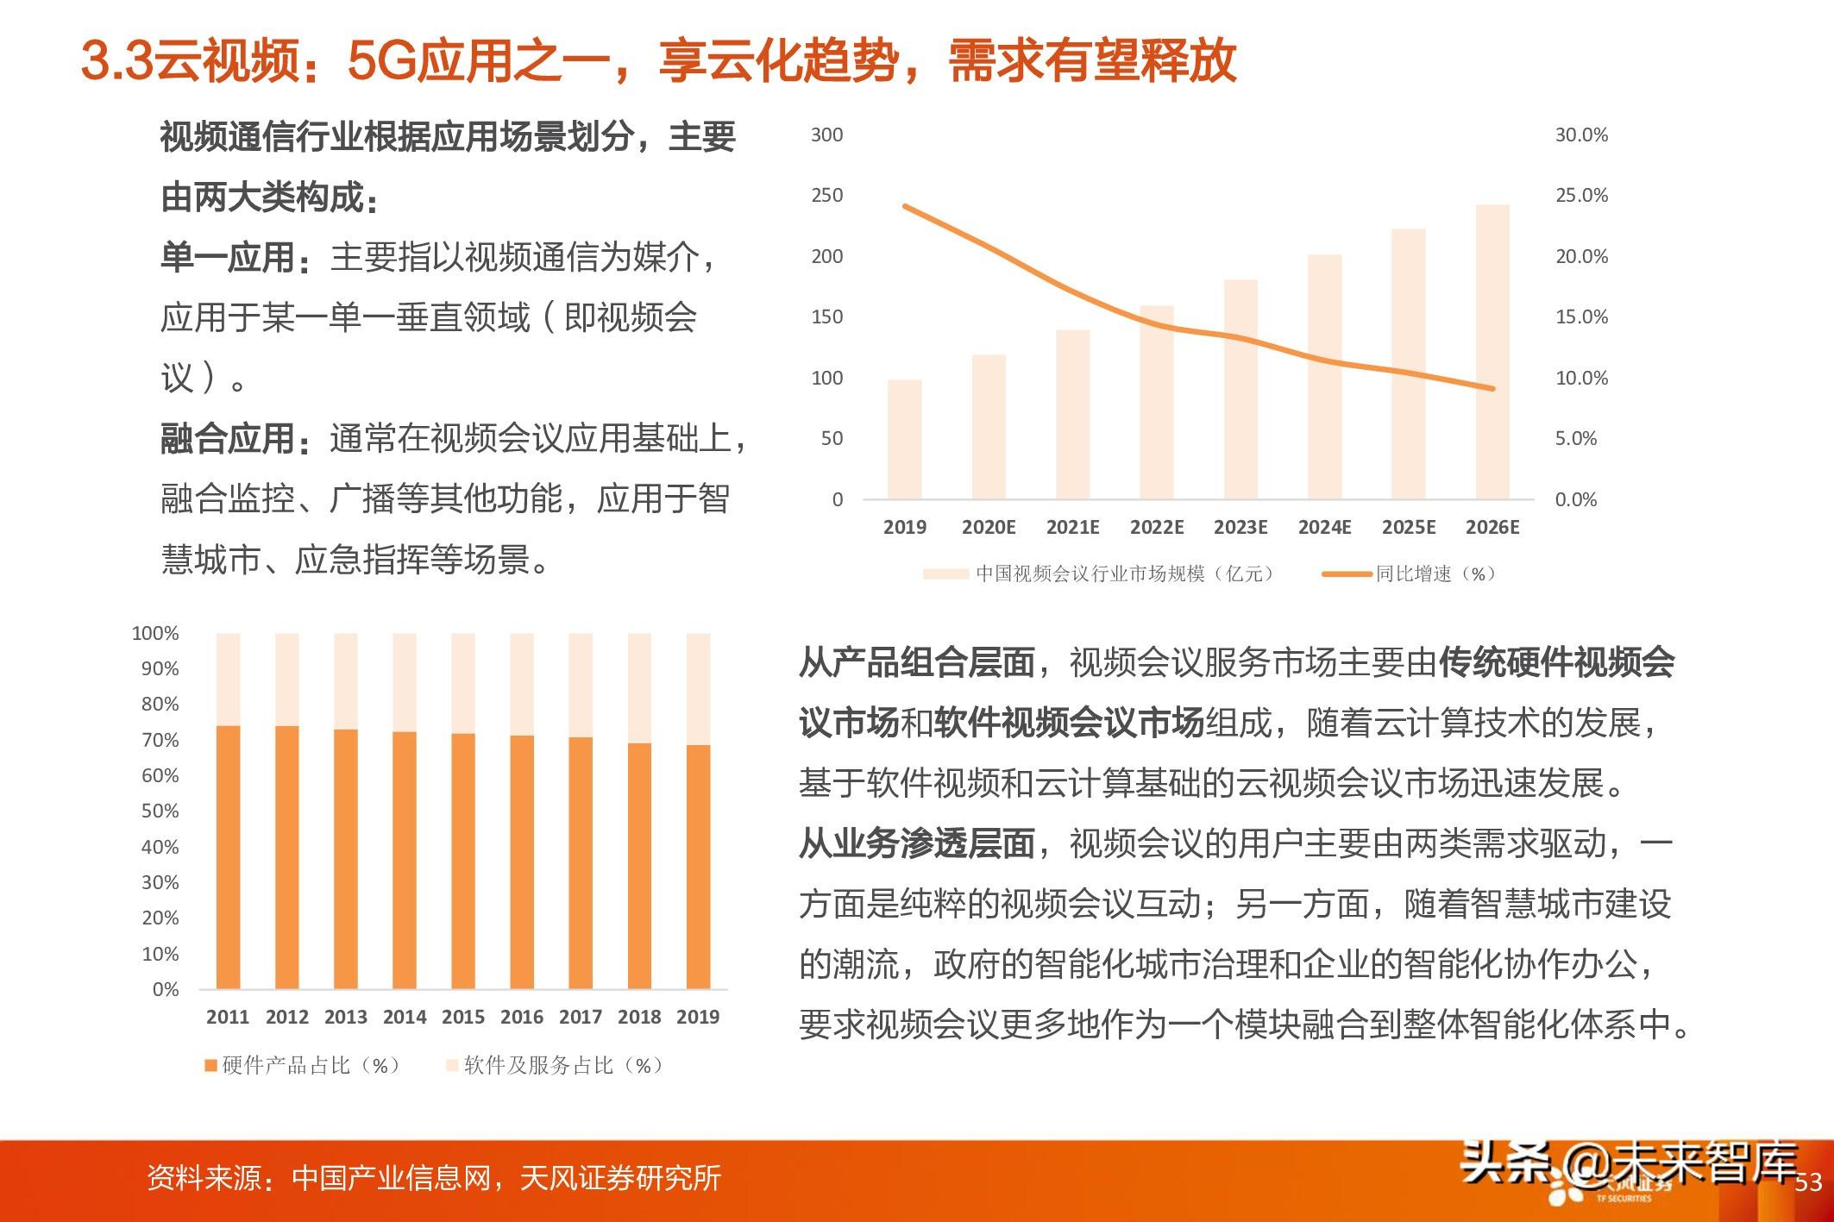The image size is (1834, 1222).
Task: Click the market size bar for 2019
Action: click(x=904, y=439)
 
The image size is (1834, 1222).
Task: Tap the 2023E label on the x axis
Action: click(x=1240, y=527)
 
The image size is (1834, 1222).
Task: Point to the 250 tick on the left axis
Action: click(x=826, y=196)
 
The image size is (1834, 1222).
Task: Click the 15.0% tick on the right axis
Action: click(x=1581, y=317)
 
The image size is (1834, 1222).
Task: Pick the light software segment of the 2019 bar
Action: click(x=698, y=688)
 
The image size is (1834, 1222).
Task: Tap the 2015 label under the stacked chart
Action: click(x=463, y=1017)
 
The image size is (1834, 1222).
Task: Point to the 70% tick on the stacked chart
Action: click(x=160, y=740)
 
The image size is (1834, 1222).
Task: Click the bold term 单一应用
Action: click(x=228, y=258)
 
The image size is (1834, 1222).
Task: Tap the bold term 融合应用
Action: click(x=228, y=439)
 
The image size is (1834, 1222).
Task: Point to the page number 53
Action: click(x=1808, y=1181)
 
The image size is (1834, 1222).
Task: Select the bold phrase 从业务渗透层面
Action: click(x=916, y=844)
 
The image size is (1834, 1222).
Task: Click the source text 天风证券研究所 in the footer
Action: click(x=620, y=1178)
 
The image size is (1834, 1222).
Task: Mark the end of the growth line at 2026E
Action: click(x=1492, y=388)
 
